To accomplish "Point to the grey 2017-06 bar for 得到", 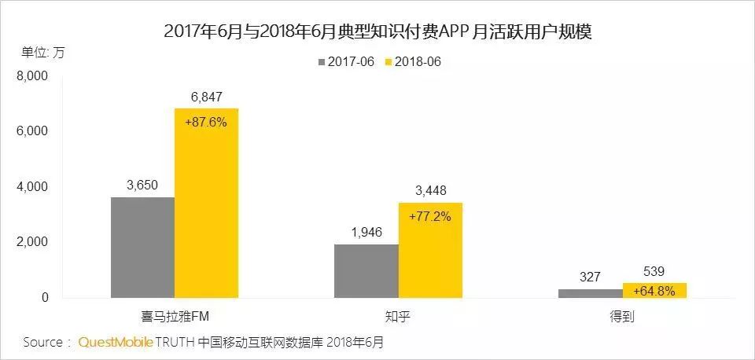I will (590, 293).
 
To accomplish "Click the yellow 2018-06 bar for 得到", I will (654, 290).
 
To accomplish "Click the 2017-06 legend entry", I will (346, 61).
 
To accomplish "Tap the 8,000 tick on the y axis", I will (32, 76).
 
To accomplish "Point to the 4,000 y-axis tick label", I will (32, 187).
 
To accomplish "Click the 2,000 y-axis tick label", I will (32, 242).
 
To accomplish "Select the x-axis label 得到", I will (622, 315).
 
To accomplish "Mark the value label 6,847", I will (206, 97).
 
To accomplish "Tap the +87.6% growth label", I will (206, 122).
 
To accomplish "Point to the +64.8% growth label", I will (654, 291).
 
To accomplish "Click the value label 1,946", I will (366, 232).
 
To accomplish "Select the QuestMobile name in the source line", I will (114, 343).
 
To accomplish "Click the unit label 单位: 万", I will (43, 53).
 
